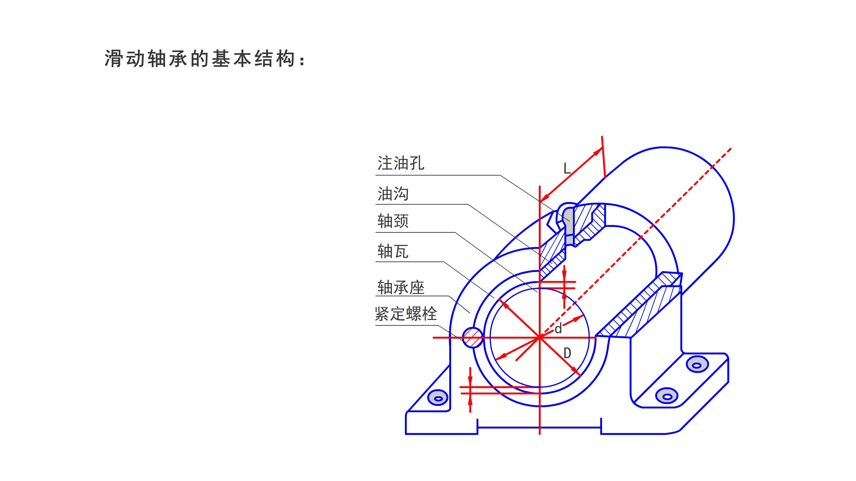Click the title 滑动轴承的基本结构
(x=204, y=59)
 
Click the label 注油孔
(x=401, y=163)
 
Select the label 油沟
(x=393, y=194)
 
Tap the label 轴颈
(x=393, y=222)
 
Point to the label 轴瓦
(x=393, y=252)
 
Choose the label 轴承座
(x=401, y=288)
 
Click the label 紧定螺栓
(x=406, y=314)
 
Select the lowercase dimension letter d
(x=558, y=328)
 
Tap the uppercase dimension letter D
(x=567, y=353)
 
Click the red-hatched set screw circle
(x=472, y=338)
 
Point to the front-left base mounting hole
(x=438, y=398)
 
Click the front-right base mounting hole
(x=667, y=396)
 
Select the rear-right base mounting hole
(x=697, y=365)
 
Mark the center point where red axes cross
(x=540, y=337)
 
